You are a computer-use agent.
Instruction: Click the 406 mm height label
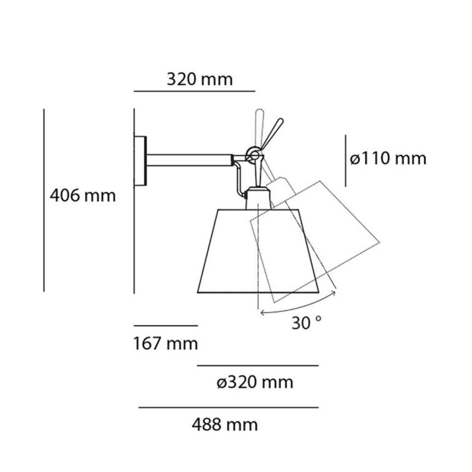(83, 195)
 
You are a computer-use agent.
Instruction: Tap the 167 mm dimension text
(166, 344)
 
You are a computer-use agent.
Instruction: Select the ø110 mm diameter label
(388, 159)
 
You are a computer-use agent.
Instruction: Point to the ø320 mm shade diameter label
(255, 383)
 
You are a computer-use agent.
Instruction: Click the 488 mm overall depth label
(225, 424)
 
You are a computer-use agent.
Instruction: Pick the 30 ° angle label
(307, 323)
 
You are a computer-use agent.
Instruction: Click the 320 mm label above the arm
(200, 80)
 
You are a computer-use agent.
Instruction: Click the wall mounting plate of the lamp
(141, 161)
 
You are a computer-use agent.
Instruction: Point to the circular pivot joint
(253, 154)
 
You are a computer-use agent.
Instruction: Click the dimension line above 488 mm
(228, 408)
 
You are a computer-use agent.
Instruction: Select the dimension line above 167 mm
(166, 326)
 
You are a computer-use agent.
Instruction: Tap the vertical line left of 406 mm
(44, 200)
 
